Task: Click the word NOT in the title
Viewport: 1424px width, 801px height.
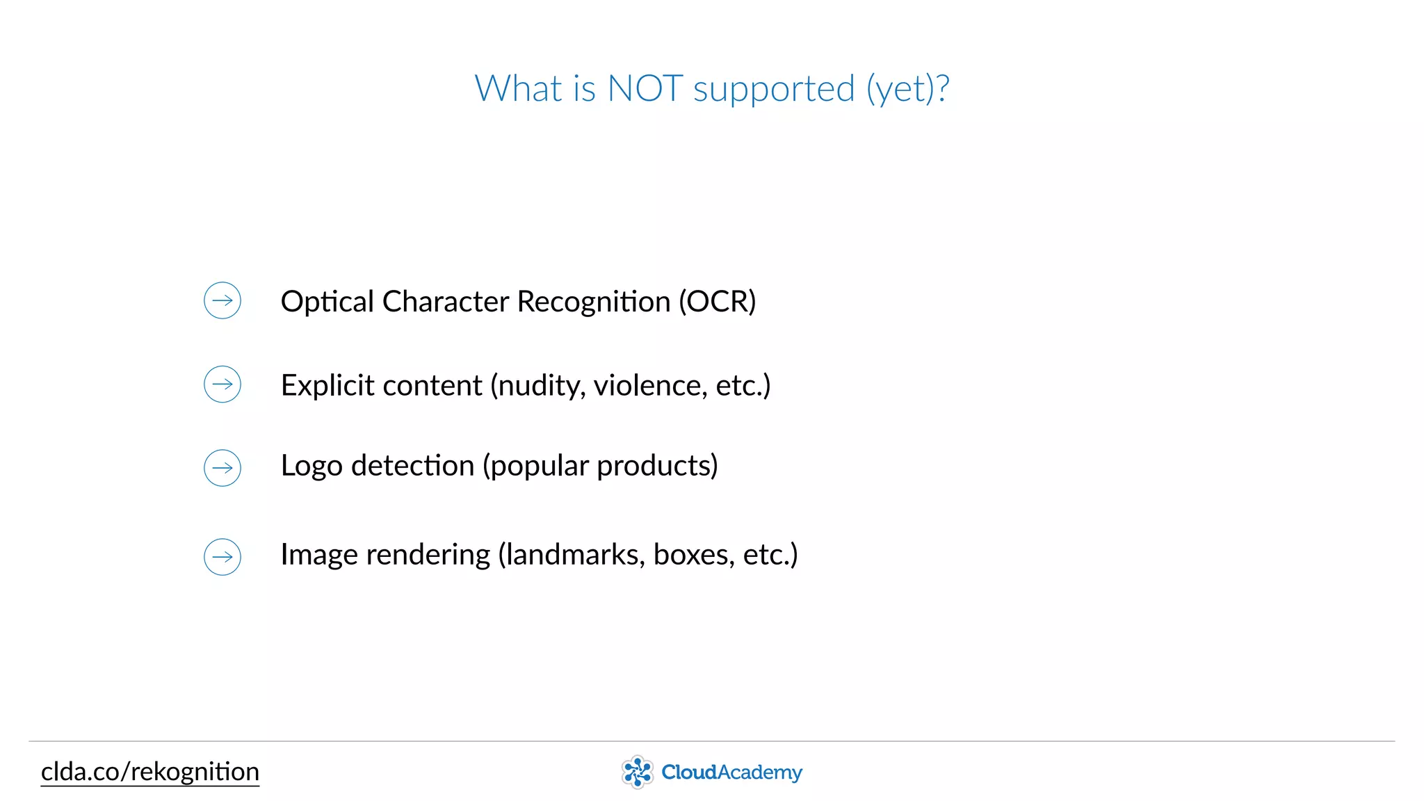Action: pyautogui.click(x=645, y=89)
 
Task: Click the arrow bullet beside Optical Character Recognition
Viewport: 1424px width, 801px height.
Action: pyautogui.click(x=222, y=300)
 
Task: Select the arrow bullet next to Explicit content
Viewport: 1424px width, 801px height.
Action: pyautogui.click(x=222, y=384)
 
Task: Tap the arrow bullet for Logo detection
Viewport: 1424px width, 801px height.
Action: pyautogui.click(x=222, y=467)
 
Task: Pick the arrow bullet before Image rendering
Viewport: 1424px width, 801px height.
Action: pyautogui.click(x=222, y=556)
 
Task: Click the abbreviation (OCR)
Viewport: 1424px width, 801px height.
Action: pyautogui.click(x=717, y=302)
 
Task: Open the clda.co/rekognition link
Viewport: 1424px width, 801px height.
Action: pyautogui.click(x=150, y=772)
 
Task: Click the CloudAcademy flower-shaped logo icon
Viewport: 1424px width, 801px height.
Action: pyautogui.click(x=637, y=772)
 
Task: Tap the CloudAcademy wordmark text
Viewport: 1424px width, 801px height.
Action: pyautogui.click(x=731, y=772)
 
